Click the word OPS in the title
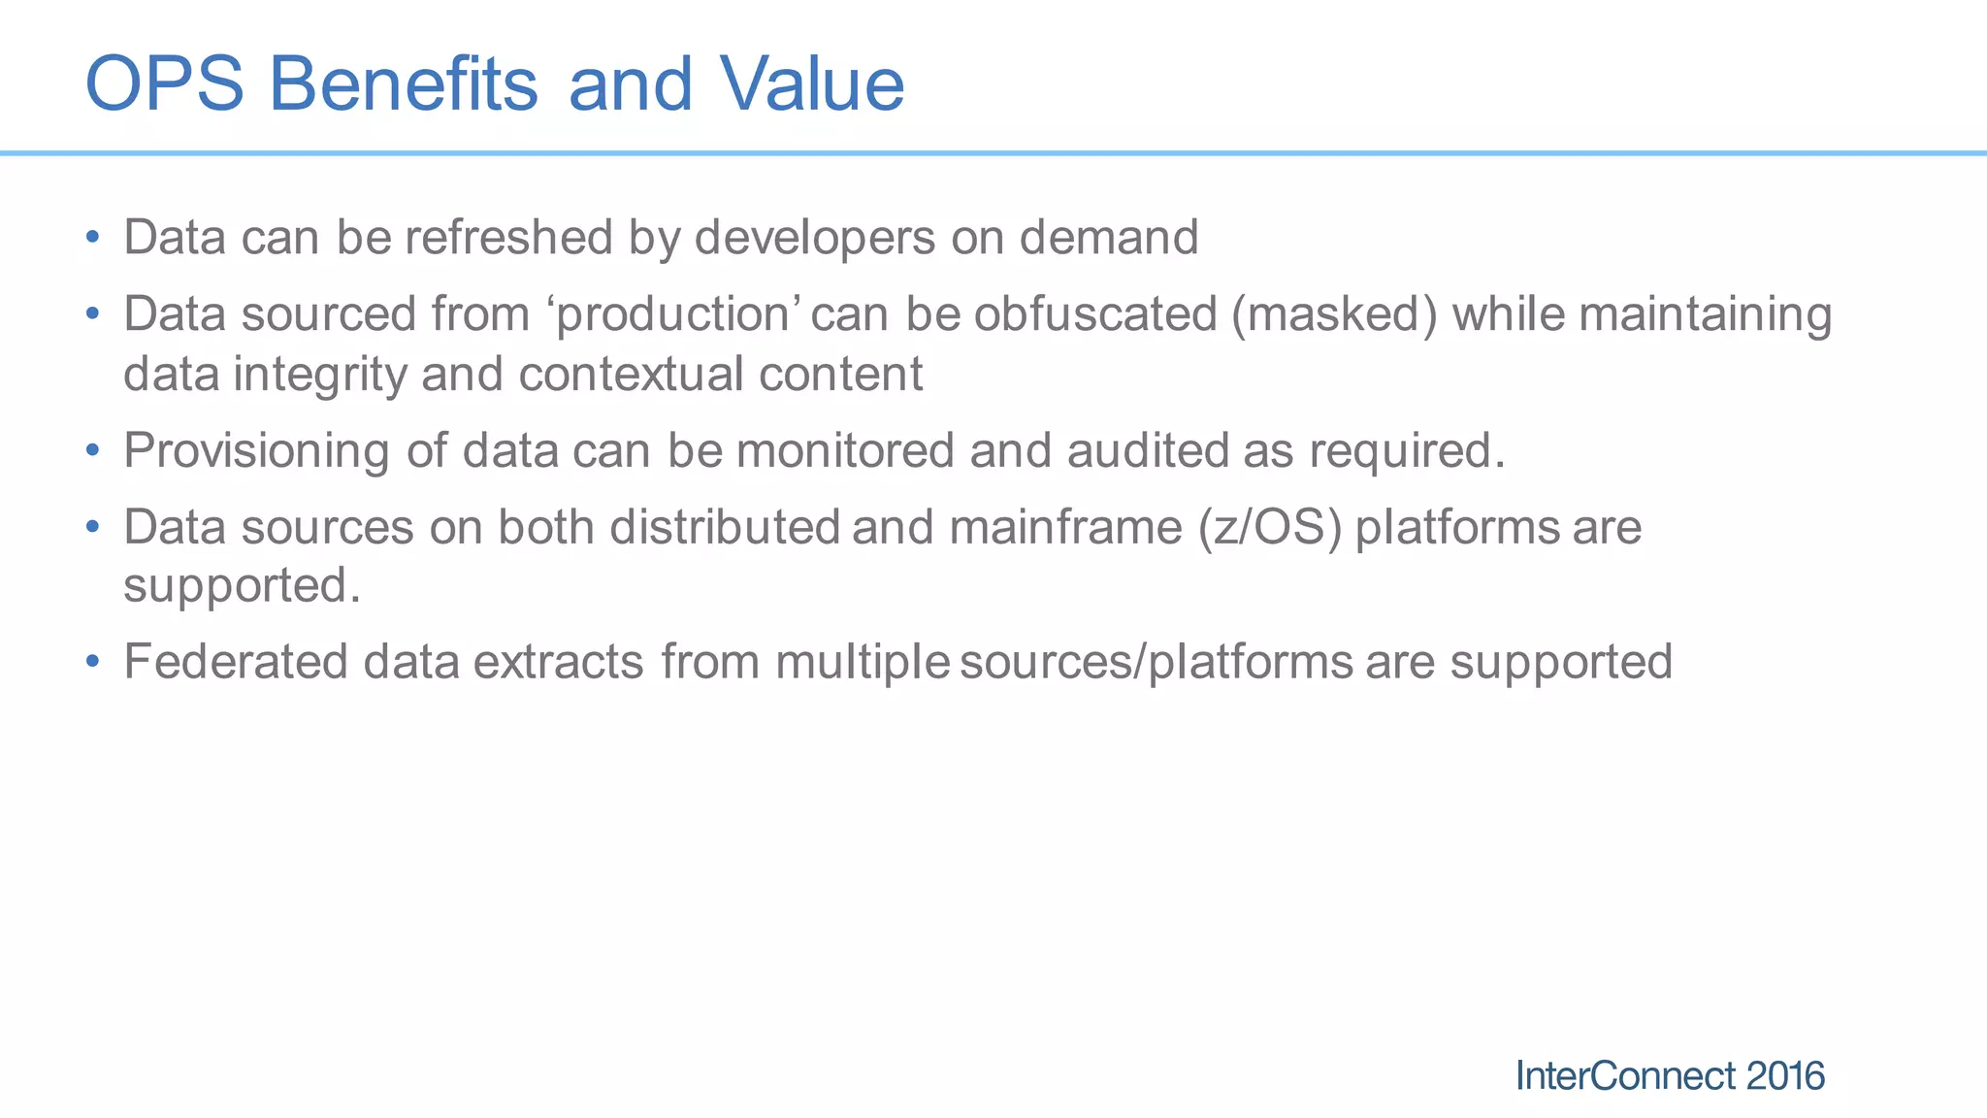(165, 84)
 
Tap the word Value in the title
(812, 84)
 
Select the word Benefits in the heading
(403, 84)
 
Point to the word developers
(815, 238)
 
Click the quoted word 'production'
(675, 315)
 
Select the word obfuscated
(1095, 315)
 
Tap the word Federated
(236, 662)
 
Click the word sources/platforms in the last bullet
(1156, 663)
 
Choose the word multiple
(863, 663)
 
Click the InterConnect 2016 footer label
(1670, 1076)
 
